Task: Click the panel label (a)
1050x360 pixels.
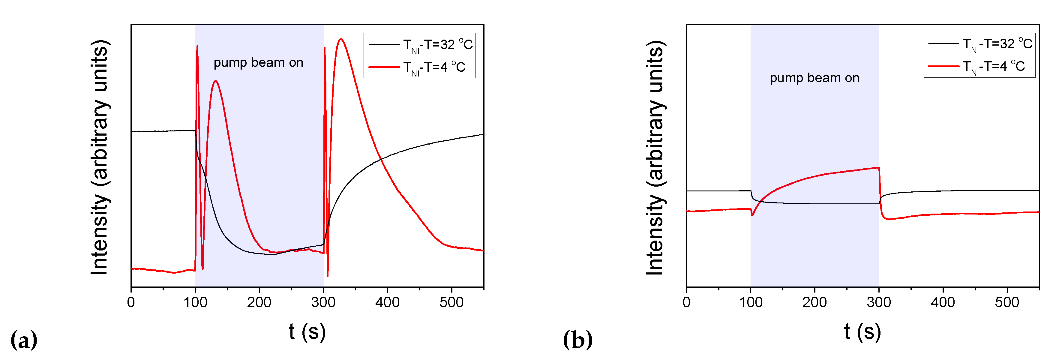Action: (24, 340)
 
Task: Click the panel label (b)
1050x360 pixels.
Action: (577, 340)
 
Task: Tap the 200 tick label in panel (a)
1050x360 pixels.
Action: (259, 302)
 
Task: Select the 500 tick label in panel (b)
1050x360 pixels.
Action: (1007, 302)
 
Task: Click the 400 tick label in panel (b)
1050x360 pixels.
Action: (943, 302)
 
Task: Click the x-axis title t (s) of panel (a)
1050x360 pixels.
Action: (307, 331)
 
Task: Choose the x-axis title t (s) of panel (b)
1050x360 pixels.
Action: (862, 331)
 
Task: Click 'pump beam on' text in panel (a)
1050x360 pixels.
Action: (258, 63)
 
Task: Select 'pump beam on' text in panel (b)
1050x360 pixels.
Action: (814, 78)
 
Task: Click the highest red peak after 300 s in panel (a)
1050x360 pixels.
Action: (341, 40)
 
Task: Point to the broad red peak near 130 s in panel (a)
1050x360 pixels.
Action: (215, 81)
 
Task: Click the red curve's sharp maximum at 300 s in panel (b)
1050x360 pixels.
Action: (878, 168)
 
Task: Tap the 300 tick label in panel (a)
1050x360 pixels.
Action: (323, 302)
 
